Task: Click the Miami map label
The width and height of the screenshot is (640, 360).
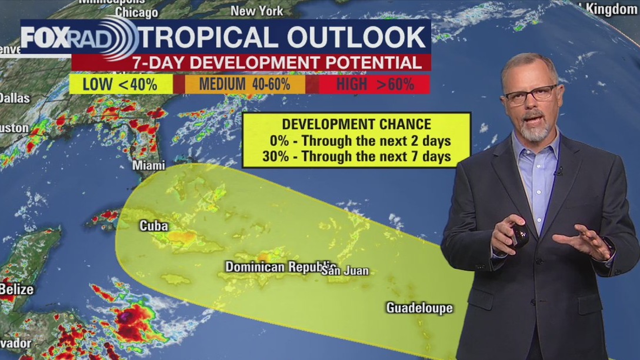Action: click(149, 166)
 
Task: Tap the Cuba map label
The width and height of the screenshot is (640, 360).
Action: click(154, 226)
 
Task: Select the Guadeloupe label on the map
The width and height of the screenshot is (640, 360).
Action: click(419, 308)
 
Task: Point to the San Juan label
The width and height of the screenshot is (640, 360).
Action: click(345, 271)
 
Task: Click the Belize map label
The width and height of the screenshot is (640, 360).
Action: click(16, 289)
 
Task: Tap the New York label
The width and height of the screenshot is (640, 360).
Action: click(256, 11)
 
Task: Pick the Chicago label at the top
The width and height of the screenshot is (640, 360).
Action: click(136, 12)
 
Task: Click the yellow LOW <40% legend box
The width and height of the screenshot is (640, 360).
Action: click(121, 84)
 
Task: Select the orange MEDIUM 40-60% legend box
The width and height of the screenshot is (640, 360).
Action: click(245, 84)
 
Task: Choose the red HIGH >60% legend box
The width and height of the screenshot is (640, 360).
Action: click(375, 84)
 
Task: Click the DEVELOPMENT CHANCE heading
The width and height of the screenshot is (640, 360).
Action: click(356, 124)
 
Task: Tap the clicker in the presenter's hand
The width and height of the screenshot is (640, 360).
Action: click(519, 234)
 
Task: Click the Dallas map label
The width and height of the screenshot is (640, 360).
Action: click(14, 98)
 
